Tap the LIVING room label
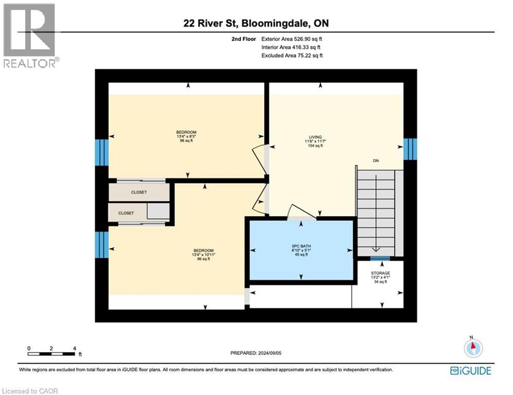pyautogui.click(x=313, y=136)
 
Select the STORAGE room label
pyautogui.click(x=381, y=273)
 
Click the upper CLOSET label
pyautogui.click(x=139, y=192)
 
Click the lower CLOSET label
pyautogui.click(x=126, y=213)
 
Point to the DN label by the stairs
pyautogui.click(x=376, y=161)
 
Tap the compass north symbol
pyautogui.click(x=472, y=348)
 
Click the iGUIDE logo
pyautogui.click(x=470, y=370)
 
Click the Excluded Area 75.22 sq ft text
pyautogui.click(x=292, y=55)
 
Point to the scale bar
pyautogui.click(x=52, y=353)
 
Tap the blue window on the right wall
pyautogui.click(x=409, y=149)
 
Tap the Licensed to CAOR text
pyautogui.click(x=30, y=391)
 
